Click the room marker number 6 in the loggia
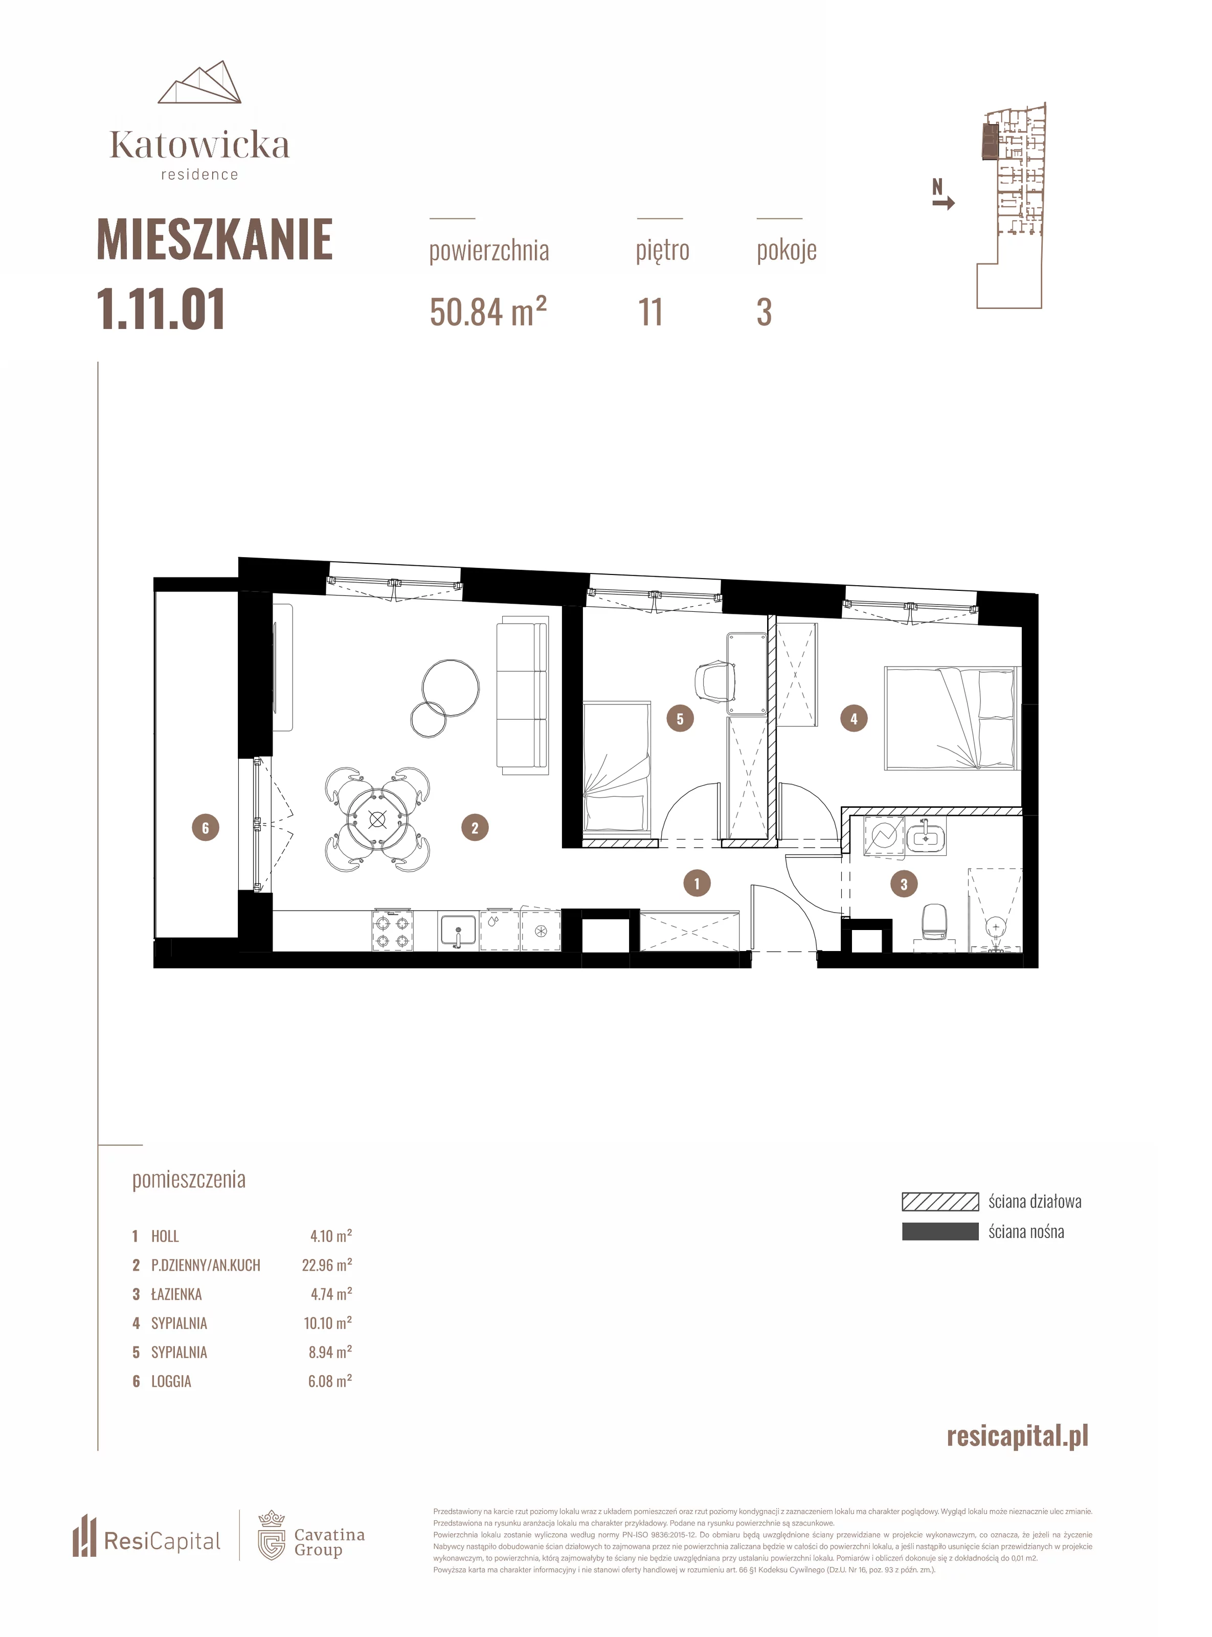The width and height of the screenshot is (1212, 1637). [x=206, y=828]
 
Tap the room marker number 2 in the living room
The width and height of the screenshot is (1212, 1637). [x=475, y=828]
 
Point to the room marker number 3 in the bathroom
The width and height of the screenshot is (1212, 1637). [x=904, y=884]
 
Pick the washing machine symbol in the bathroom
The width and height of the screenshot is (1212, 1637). [x=884, y=836]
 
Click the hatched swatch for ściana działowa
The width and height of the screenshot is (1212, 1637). [x=940, y=1201]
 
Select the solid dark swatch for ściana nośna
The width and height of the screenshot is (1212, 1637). [x=940, y=1231]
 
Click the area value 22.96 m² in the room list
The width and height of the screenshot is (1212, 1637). [x=326, y=1265]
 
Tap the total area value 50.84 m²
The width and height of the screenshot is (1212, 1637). [x=488, y=312]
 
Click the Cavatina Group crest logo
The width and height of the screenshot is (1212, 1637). [x=272, y=1536]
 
